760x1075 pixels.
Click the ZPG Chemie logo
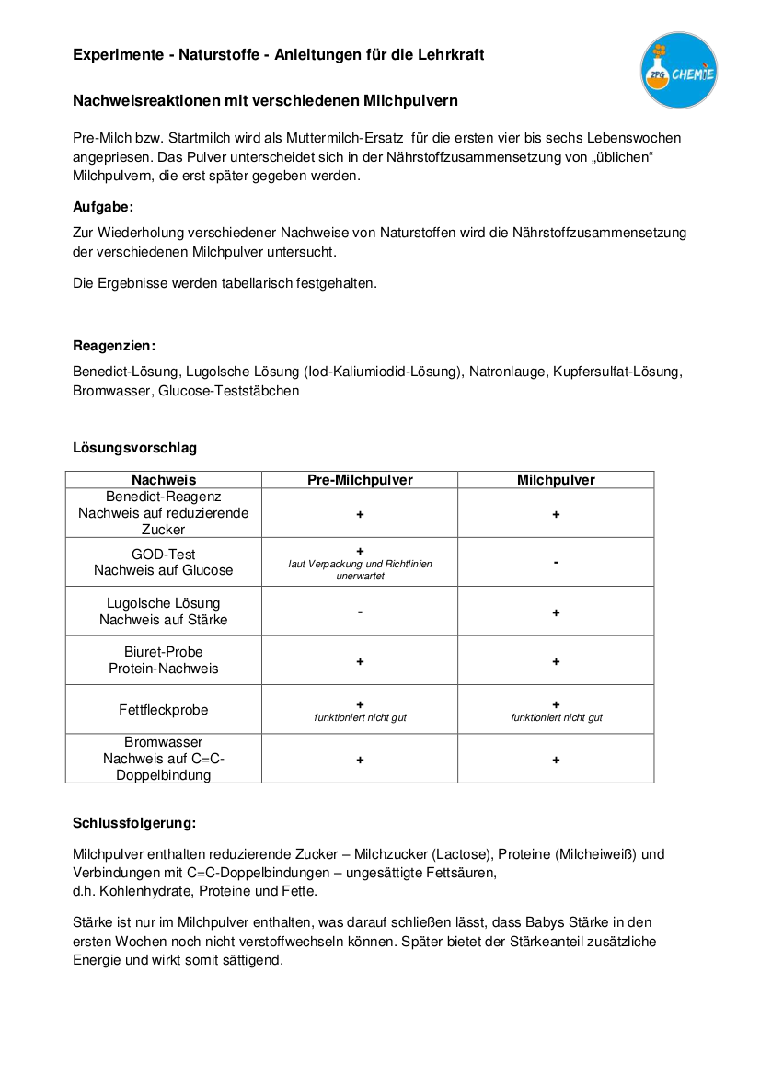(679, 70)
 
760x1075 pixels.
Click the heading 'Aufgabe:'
(103, 207)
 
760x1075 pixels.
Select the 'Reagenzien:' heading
(114, 346)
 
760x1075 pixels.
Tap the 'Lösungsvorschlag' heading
(134, 448)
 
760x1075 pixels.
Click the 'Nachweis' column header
(164, 480)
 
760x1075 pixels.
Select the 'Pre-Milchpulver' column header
(360, 480)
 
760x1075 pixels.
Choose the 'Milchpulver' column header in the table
(556, 480)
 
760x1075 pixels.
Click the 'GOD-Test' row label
(164, 555)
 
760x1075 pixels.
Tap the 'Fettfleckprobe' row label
(164, 710)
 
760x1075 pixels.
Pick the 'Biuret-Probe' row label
(164, 652)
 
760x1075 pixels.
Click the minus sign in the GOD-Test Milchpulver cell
(556, 562)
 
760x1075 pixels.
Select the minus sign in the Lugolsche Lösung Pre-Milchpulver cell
(360, 612)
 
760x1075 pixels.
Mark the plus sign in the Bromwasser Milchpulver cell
(556, 760)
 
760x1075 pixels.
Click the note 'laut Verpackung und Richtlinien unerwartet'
(360, 570)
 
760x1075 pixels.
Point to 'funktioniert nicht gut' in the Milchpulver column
(557, 717)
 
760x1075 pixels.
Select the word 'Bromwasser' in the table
(164, 742)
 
